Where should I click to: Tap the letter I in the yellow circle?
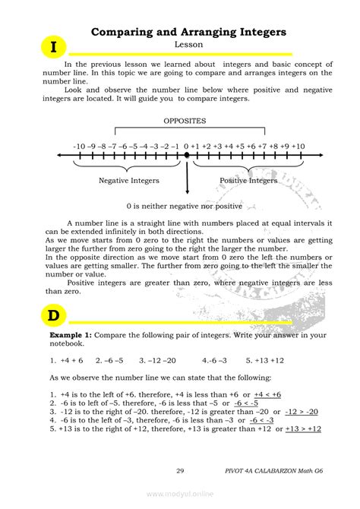click(53, 48)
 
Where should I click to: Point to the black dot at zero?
click(187, 155)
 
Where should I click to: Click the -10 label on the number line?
click(80, 145)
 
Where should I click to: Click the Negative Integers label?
click(129, 181)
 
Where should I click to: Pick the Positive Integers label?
click(248, 181)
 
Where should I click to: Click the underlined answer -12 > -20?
click(302, 411)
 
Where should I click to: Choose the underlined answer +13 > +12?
click(303, 428)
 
